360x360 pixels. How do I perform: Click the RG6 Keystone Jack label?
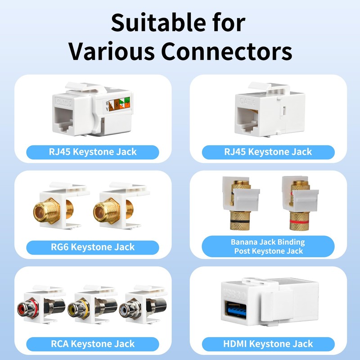(x=93, y=247)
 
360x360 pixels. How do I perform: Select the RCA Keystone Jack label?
(x=93, y=344)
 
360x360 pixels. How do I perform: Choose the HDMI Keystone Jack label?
(x=268, y=344)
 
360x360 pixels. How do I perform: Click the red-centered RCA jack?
(x=24, y=309)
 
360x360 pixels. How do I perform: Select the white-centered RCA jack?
(x=124, y=310)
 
